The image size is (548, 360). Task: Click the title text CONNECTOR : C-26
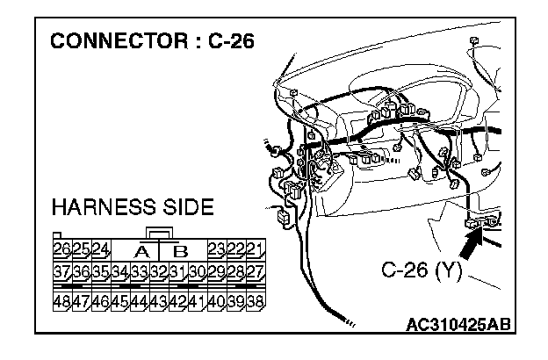tap(151, 41)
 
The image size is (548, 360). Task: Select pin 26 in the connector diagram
tap(62, 249)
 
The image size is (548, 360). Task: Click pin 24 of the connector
tap(101, 249)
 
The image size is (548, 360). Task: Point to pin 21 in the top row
tap(256, 249)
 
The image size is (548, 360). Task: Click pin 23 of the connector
tap(217, 249)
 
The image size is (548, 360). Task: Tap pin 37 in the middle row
tap(62, 271)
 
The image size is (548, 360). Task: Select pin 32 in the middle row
tap(159, 271)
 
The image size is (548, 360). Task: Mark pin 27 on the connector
tap(256, 271)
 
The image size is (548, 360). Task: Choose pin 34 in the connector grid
tap(120, 271)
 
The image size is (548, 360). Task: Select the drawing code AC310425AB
tap(458, 325)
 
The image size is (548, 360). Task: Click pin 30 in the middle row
tap(198, 271)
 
